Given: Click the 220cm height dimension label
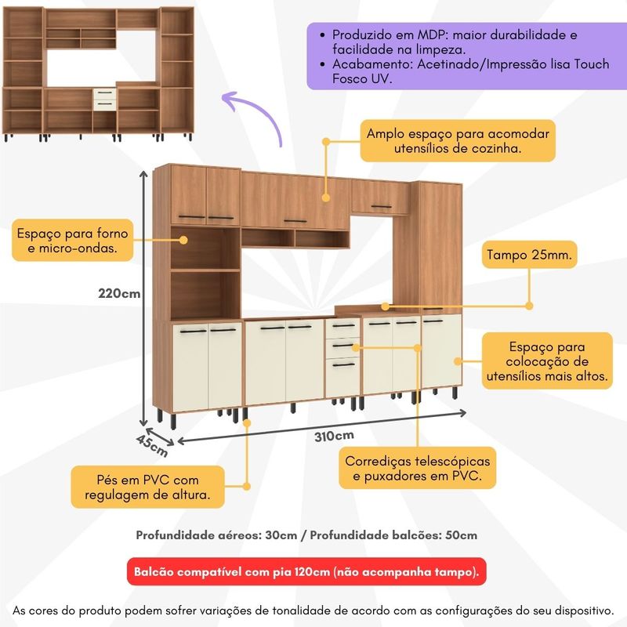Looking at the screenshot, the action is point(119,293).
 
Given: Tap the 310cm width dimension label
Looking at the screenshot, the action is point(334,436).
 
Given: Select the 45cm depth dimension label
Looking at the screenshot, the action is point(152,445).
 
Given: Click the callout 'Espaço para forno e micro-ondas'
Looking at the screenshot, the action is point(72,241).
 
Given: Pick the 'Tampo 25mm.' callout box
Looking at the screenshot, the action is point(529,254).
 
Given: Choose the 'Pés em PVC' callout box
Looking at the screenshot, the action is point(147,487).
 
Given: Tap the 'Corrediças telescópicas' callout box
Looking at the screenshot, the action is point(417,468).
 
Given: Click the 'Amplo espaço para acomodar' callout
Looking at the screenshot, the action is point(458,141).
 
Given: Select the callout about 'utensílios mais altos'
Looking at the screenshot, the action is point(547,361).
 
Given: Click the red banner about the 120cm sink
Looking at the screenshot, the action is point(306,571).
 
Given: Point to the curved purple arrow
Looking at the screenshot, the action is point(256,113).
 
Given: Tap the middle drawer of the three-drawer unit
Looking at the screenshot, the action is point(343,347).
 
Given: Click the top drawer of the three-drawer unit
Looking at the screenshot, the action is point(343,328).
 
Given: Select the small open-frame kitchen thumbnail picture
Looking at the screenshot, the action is point(99,74).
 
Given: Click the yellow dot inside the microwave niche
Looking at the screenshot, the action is point(183,240).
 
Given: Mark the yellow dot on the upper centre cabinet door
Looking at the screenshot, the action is point(325,198).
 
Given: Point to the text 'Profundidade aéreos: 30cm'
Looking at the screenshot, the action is point(216,535).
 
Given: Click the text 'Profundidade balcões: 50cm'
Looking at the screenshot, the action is point(393,535).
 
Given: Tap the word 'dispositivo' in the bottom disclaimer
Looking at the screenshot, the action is point(573,611).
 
